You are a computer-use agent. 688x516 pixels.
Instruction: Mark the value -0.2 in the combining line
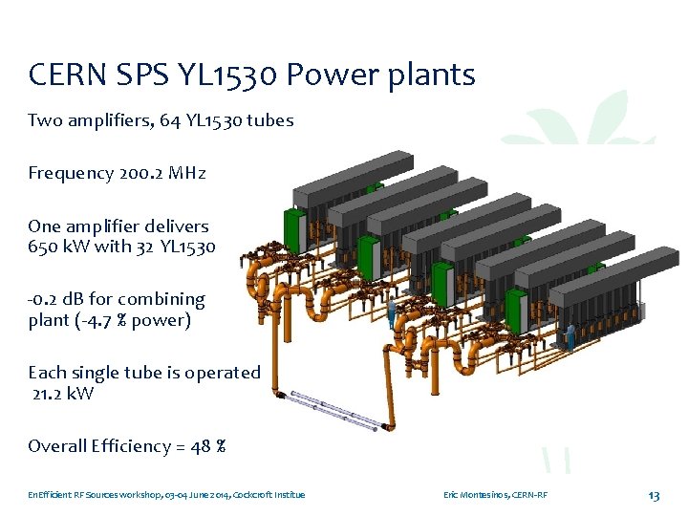pyautogui.click(x=45, y=299)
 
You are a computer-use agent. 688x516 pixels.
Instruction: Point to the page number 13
pyautogui.click(x=654, y=495)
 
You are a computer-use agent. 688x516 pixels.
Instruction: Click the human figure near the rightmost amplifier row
pyautogui.click(x=570, y=336)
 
